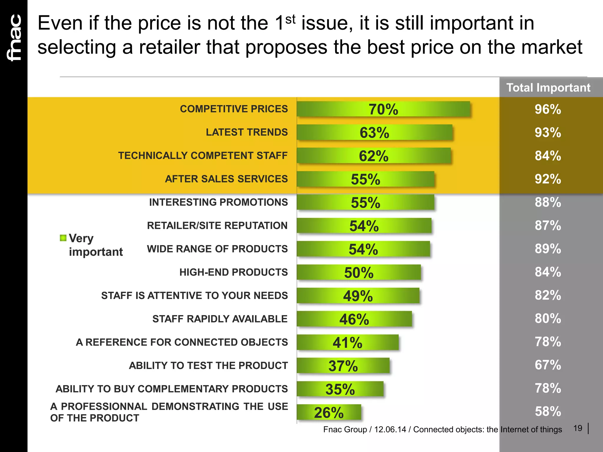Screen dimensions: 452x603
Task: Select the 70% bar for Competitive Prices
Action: pyautogui.click(x=383, y=109)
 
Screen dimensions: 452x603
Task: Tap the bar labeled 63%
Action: pyautogui.click(x=374, y=132)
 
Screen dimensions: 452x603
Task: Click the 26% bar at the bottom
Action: pyautogui.click(x=329, y=412)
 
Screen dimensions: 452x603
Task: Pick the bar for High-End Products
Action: pyautogui.click(x=359, y=272)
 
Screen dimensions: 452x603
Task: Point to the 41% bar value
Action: pyautogui.click(x=347, y=343)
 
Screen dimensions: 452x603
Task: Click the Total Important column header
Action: pyautogui.click(x=548, y=88)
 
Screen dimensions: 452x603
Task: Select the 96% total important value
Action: pyautogui.click(x=548, y=109)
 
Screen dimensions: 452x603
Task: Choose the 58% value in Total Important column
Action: pyautogui.click(x=548, y=411)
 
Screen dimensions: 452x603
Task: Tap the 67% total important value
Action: pyautogui.click(x=548, y=365)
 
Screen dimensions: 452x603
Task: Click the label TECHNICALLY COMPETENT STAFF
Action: pyautogui.click(x=203, y=155)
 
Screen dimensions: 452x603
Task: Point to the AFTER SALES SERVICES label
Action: pyautogui.click(x=226, y=179)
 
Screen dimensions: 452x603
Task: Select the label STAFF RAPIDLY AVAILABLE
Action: pyautogui.click(x=220, y=319)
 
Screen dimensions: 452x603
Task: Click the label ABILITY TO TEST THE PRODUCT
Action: pyautogui.click(x=208, y=365)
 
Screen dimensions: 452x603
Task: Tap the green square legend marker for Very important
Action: pyautogui.click(x=63, y=238)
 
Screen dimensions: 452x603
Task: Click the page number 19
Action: pyautogui.click(x=578, y=428)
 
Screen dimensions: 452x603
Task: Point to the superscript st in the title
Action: pyautogui.click(x=290, y=19)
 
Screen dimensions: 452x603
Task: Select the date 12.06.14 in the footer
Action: pyautogui.click(x=390, y=430)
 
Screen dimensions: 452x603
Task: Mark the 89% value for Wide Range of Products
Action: pyautogui.click(x=548, y=249)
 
